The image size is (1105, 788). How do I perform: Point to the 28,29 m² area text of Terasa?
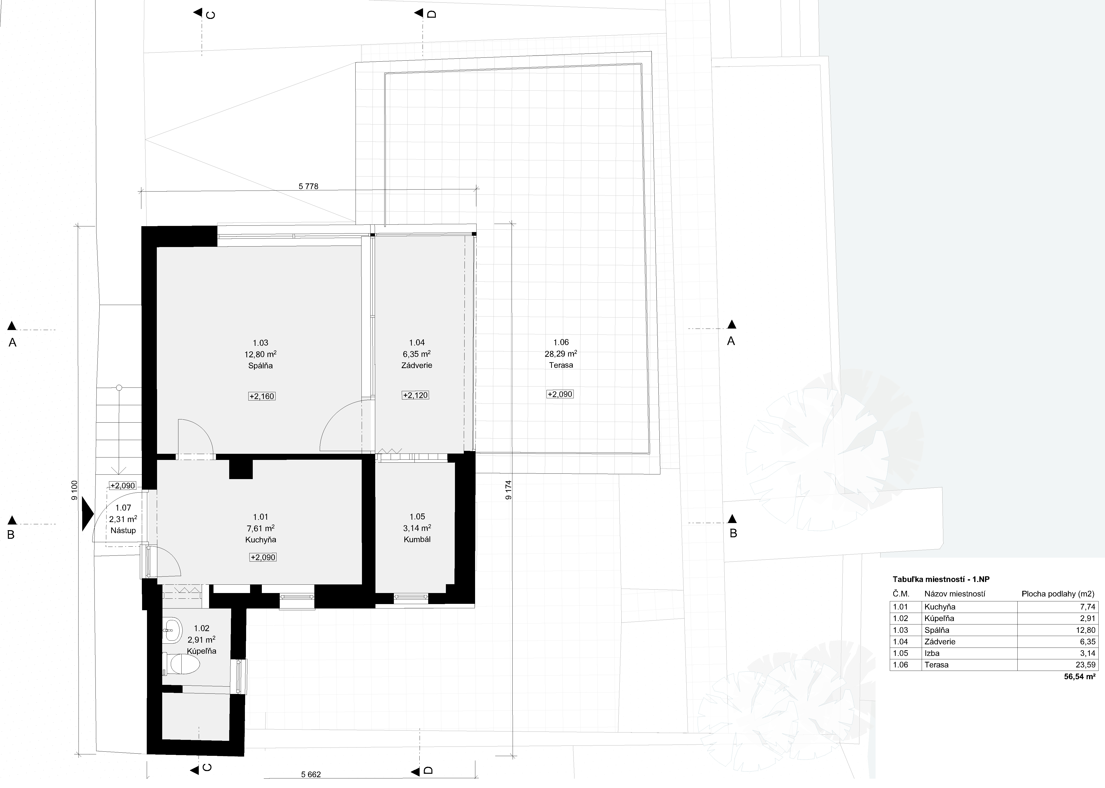pyautogui.click(x=561, y=354)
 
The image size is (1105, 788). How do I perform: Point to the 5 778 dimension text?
pyautogui.click(x=308, y=186)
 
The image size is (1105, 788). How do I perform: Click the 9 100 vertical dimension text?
pyautogui.click(x=74, y=491)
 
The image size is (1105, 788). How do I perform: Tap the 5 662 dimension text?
pyautogui.click(x=311, y=774)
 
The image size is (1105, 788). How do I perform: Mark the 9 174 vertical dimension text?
pyautogui.click(x=508, y=490)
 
